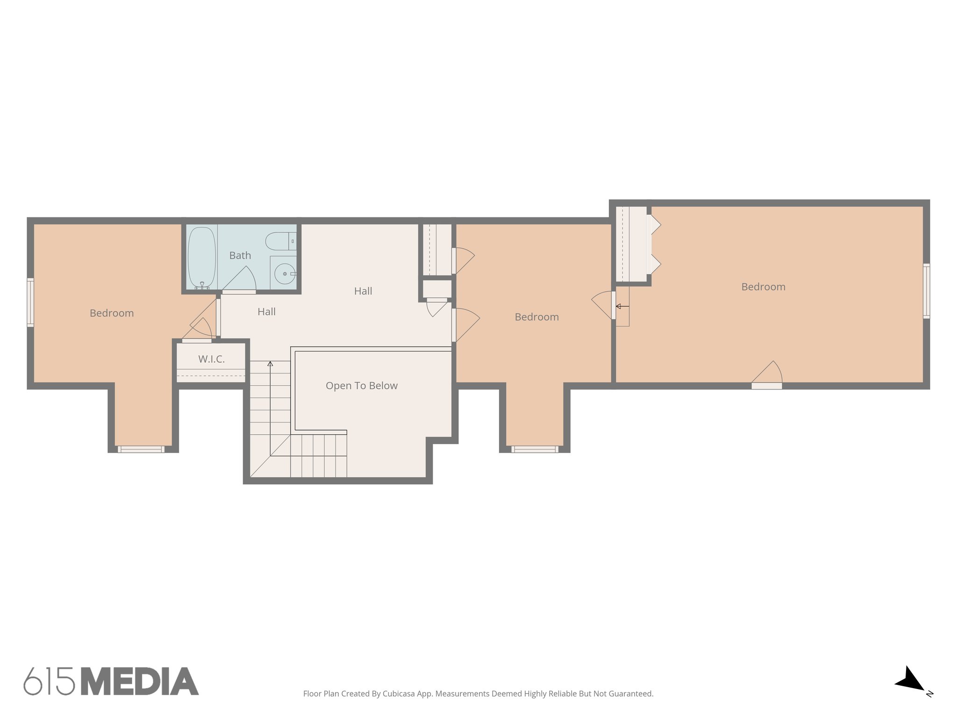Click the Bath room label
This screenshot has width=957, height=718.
click(x=240, y=256)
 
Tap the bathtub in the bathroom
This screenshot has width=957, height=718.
click(x=202, y=258)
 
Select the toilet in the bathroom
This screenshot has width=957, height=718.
click(x=279, y=241)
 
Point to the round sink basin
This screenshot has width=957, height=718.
click(x=284, y=274)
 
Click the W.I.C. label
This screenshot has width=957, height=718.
click(x=211, y=359)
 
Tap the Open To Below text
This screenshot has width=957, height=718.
click(x=361, y=386)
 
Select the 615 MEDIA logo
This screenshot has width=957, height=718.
click(x=111, y=682)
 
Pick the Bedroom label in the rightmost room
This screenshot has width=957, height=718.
click(x=763, y=287)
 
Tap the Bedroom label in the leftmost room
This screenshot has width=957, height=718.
click(x=112, y=313)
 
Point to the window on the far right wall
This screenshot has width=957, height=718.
click(x=926, y=291)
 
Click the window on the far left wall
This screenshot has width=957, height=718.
click(x=30, y=302)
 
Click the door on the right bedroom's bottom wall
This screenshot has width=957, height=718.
click(x=767, y=376)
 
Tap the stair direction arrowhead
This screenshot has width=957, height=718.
click(x=270, y=363)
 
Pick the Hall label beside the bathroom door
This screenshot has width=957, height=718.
click(x=266, y=312)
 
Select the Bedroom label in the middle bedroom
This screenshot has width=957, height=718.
click(x=536, y=317)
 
